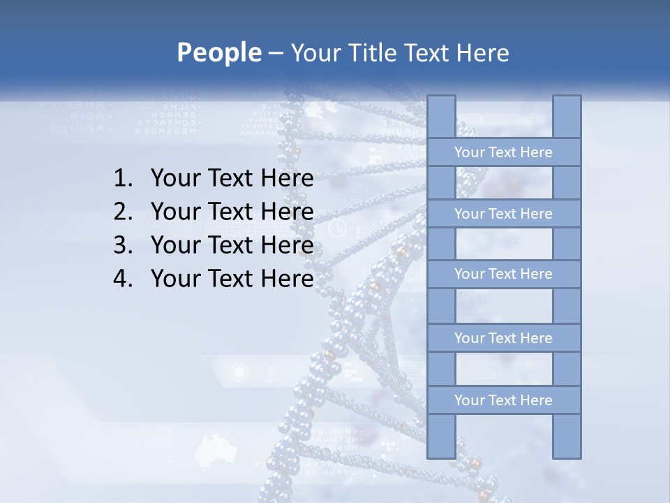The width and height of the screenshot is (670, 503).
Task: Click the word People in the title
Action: [218, 52]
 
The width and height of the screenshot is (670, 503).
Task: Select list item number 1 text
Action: [232, 179]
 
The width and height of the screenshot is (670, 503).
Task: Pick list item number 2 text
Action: [232, 212]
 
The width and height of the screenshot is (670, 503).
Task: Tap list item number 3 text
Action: [232, 245]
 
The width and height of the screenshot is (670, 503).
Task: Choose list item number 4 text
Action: [232, 279]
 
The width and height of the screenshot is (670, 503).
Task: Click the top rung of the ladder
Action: [503, 152]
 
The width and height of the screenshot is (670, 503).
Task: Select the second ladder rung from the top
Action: [503, 214]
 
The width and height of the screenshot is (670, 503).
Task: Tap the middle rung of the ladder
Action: [503, 275]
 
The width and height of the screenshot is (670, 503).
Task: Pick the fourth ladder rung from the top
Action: [503, 338]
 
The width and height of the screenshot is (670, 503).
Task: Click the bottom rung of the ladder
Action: [503, 400]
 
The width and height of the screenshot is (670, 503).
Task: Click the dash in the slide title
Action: [276, 53]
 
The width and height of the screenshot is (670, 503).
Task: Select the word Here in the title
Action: [482, 53]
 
